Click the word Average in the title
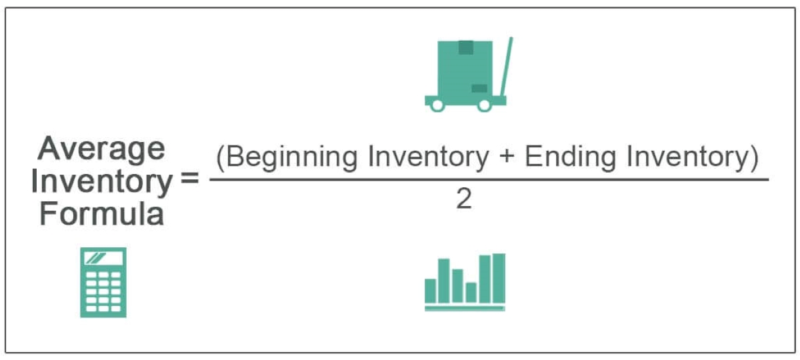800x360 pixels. [x=101, y=149]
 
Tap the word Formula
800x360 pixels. [x=102, y=213]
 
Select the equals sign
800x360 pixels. [x=189, y=177]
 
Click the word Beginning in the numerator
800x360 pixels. [x=291, y=158]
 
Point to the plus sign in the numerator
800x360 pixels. [x=507, y=157]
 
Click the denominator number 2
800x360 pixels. [x=464, y=199]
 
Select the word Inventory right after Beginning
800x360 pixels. [x=429, y=158]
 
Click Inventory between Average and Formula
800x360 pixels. [x=102, y=183]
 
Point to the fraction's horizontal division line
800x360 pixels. [x=489, y=179]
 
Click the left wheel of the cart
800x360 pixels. [x=437, y=105]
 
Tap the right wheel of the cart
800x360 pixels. [x=484, y=105]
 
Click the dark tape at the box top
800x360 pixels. [x=466, y=47]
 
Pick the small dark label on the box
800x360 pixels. [x=479, y=88]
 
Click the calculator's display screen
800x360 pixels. [x=103, y=258]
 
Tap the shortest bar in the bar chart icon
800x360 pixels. [x=471, y=293]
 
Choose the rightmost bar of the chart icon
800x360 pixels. [x=499, y=278]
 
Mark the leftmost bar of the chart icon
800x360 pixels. [x=431, y=291]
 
